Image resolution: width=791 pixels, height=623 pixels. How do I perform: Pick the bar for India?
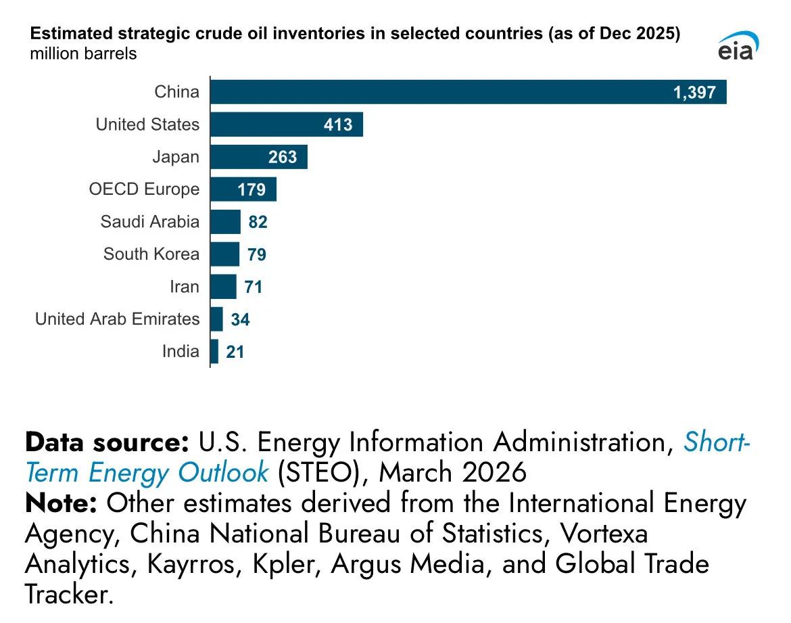pos(214,352)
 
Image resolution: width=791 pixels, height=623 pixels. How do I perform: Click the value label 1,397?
pos(694,93)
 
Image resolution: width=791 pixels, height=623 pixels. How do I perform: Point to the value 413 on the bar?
pos(338,125)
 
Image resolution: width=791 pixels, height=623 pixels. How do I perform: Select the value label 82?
pos(258,223)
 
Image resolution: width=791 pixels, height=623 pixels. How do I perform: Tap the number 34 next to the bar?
pos(240,320)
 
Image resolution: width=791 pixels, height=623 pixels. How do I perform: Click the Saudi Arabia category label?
pos(150,222)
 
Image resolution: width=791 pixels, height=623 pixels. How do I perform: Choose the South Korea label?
pos(151,254)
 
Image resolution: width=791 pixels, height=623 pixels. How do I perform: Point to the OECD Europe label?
pos(145,189)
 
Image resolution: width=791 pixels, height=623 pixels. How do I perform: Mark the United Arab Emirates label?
pos(118,319)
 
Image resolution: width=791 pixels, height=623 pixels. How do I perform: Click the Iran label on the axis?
pos(185,287)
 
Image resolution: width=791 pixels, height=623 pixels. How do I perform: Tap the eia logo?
pos(738,46)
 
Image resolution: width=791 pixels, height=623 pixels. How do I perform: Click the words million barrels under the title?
pos(83,53)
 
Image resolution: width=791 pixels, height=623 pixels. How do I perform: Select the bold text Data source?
pos(107,442)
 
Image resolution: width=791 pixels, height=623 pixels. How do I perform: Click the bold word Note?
pos(62,503)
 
